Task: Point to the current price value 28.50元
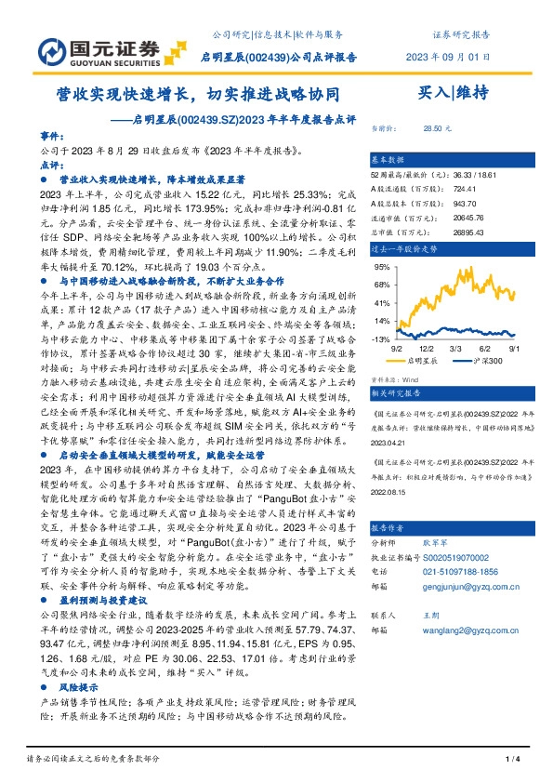tap(437, 127)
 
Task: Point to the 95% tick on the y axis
tap(379, 266)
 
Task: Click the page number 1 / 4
tap(510, 760)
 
